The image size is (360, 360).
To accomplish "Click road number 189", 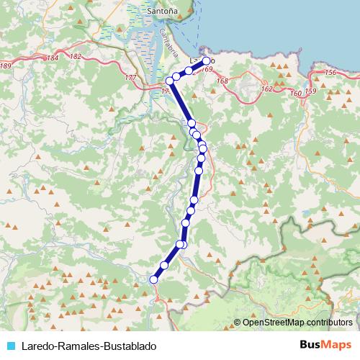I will coord(6,66).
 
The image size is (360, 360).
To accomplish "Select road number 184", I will coord(51,58).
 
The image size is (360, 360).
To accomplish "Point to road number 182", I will coord(76,55).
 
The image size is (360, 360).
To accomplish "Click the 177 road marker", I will coord(130,77).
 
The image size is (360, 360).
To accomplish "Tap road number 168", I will coord(222,81).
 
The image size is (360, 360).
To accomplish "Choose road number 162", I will coord(267,89).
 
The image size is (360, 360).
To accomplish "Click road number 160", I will coord(294,93).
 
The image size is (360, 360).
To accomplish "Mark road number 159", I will coord(310,91).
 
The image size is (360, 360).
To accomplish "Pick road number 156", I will coord(330,73).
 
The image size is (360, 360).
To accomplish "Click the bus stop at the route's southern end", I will coord(153,279).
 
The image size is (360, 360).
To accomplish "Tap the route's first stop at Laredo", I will coord(207,61).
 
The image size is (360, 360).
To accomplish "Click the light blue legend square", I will coord(10,346).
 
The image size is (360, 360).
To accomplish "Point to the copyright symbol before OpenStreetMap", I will coord(238,323).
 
